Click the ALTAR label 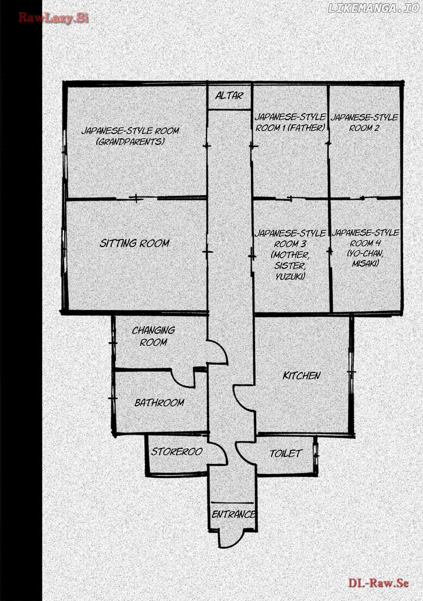coord(229,96)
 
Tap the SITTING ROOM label coord(135,243)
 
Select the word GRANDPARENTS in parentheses coord(130,142)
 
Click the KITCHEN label coord(302,375)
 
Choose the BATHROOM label coord(159,402)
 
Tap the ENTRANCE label coord(233,514)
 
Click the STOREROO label coord(177,452)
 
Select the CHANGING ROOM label coord(153,336)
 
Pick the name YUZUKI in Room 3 coord(290,276)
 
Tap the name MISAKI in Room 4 coord(365,264)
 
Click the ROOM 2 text coord(364,128)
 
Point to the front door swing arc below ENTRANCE coord(232,541)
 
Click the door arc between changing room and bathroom coord(183,378)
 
